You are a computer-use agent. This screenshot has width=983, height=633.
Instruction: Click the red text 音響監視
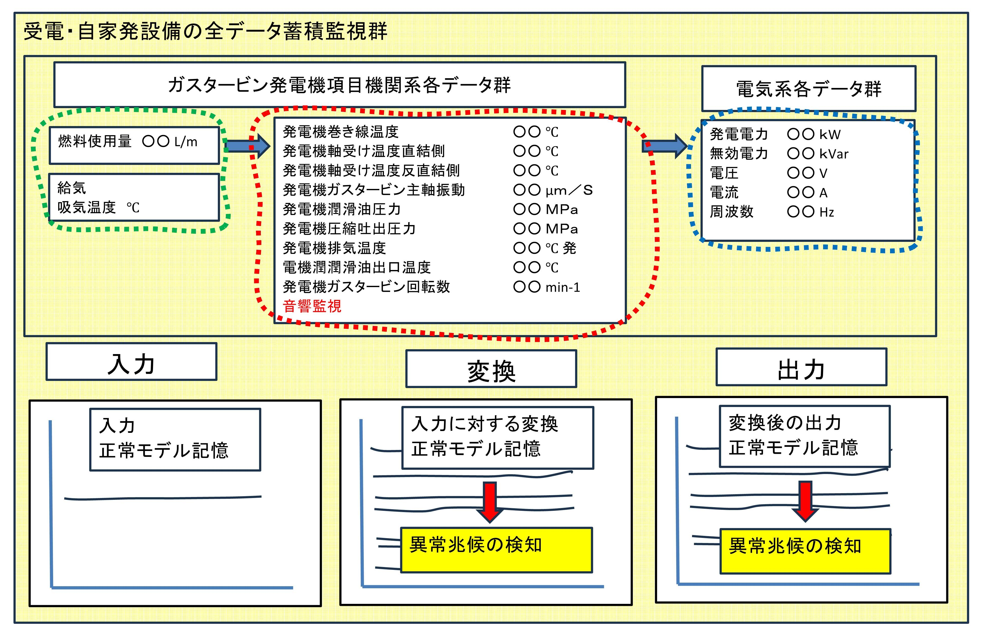312,306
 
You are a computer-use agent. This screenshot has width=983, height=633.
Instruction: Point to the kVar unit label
834,154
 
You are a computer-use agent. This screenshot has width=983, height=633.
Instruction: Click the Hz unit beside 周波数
827,212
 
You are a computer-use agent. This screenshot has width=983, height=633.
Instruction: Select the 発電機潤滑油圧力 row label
342,209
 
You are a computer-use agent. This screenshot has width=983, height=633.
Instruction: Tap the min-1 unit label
563,287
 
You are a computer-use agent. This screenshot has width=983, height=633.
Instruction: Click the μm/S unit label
569,190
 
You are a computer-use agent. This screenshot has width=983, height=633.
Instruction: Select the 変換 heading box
491,369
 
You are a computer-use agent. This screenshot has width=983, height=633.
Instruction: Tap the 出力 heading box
801,367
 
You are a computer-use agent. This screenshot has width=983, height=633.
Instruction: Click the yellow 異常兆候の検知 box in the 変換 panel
496,550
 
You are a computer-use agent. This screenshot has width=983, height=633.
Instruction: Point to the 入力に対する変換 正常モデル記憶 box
497,438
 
